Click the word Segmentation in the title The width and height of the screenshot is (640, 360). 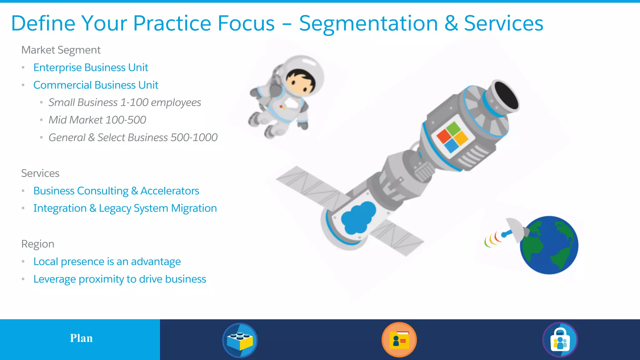368,24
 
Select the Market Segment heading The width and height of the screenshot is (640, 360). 61,50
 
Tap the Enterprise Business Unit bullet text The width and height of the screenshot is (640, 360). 91,67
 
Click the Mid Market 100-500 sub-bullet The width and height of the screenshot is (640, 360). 97,120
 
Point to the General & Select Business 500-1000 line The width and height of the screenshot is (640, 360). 133,137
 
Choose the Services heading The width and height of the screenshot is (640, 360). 40,173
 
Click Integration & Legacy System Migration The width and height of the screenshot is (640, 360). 125,208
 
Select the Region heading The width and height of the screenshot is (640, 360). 38,244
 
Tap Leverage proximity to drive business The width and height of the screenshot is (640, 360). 120,279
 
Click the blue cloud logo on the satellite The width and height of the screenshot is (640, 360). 358,217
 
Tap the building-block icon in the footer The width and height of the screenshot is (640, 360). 240,340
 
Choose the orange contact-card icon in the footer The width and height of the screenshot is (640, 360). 399,340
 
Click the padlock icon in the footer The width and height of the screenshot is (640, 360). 560,340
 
